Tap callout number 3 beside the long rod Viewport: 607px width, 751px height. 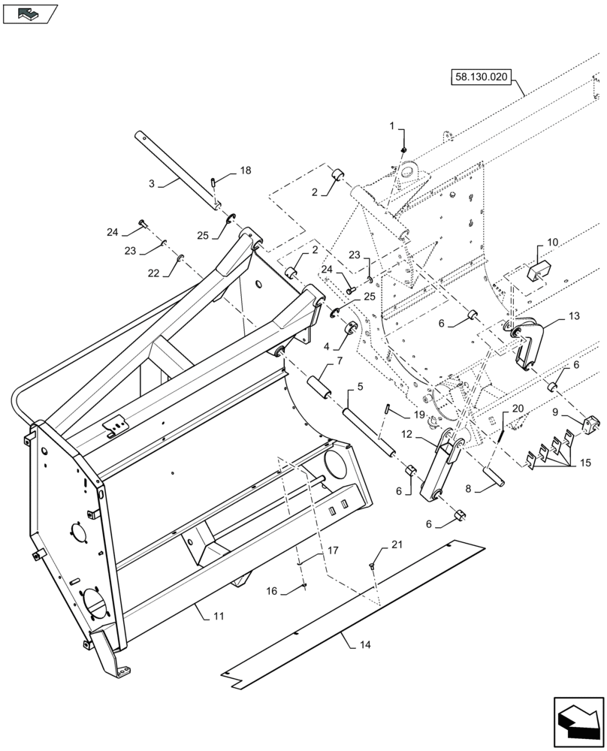[x=152, y=182]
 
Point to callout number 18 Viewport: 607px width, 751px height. [x=246, y=172]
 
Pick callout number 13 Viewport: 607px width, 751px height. [x=574, y=317]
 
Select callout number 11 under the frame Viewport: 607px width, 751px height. [x=219, y=616]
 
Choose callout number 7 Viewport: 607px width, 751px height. [x=340, y=362]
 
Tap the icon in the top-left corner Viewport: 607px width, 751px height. [x=29, y=13]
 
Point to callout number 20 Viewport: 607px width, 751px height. [x=518, y=409]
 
